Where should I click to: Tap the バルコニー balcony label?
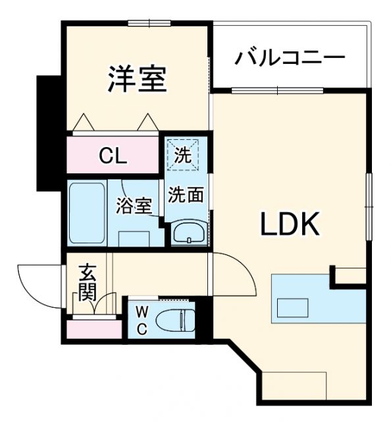pos(290,57)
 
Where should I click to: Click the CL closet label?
pos(113,157)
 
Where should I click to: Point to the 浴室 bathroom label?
pos(135,206)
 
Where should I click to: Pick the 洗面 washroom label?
pos(184,195)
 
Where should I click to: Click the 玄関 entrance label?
pos(88,282)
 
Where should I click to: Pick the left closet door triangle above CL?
pos(84,123)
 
